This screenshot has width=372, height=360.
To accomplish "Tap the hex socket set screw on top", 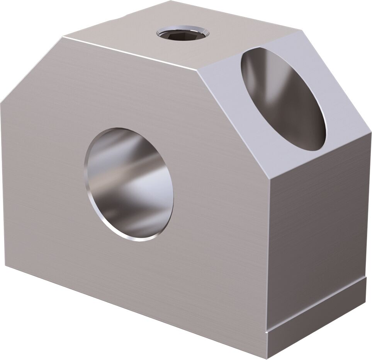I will coord(182,33).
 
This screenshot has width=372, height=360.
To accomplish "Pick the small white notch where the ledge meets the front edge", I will coord(267,332).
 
